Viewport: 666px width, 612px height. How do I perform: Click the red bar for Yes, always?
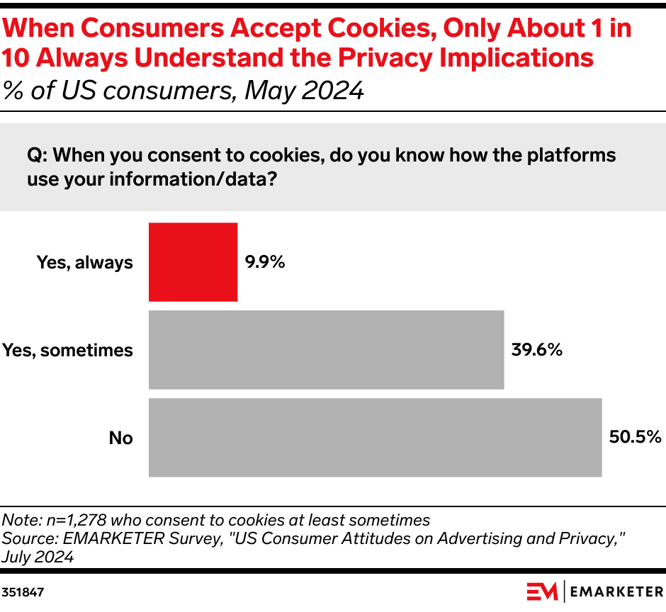tap(193, 262)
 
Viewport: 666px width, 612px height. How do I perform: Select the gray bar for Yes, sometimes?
tap(326, 350)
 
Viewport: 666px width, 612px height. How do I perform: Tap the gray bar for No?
tap(375, 438)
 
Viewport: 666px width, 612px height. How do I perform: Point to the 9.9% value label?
tap(265, 262)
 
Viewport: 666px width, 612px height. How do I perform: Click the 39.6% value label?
tap(536, 349)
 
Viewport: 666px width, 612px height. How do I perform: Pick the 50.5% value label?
tap(635, 437)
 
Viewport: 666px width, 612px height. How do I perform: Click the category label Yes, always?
tap(85, 263)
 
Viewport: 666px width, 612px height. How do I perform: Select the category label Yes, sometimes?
tap(67, 350)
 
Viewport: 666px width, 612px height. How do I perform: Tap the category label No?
tap(120, 438)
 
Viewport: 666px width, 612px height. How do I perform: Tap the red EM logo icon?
tap(543, 590)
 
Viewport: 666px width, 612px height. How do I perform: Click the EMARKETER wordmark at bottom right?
tap(616, 590)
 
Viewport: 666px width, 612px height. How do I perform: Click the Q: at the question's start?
tap(38, 154)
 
